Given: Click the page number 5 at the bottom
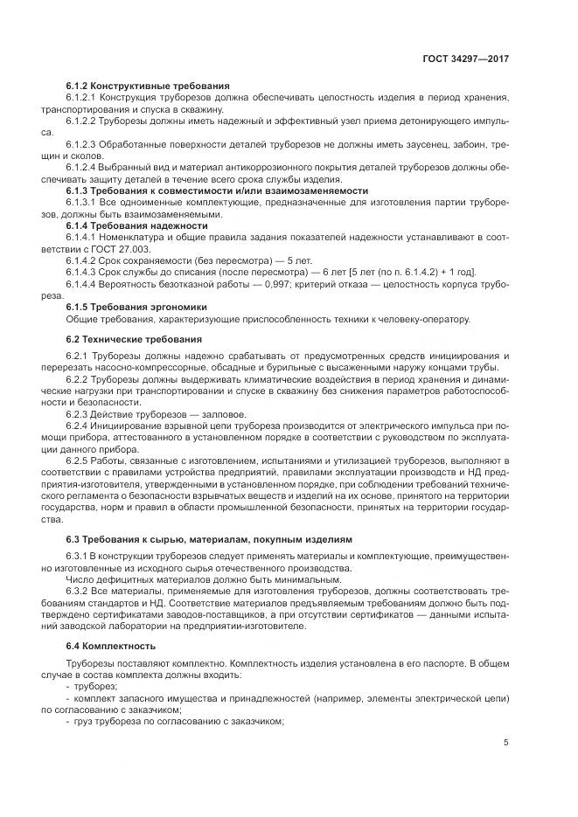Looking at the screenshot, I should pyautogui.click(x=506, y=743).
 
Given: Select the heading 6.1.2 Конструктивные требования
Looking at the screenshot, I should pyautogui.click(x=147, y=86).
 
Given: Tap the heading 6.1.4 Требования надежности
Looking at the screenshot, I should pyautogui.click(x=136, y=225).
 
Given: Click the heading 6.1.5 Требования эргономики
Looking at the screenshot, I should pyautogui.click(x=136, y=307).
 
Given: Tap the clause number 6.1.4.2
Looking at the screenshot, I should pyautogui.click(x=83, y=260).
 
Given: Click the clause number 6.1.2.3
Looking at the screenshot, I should pyautogui.click(x=83, y=143).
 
